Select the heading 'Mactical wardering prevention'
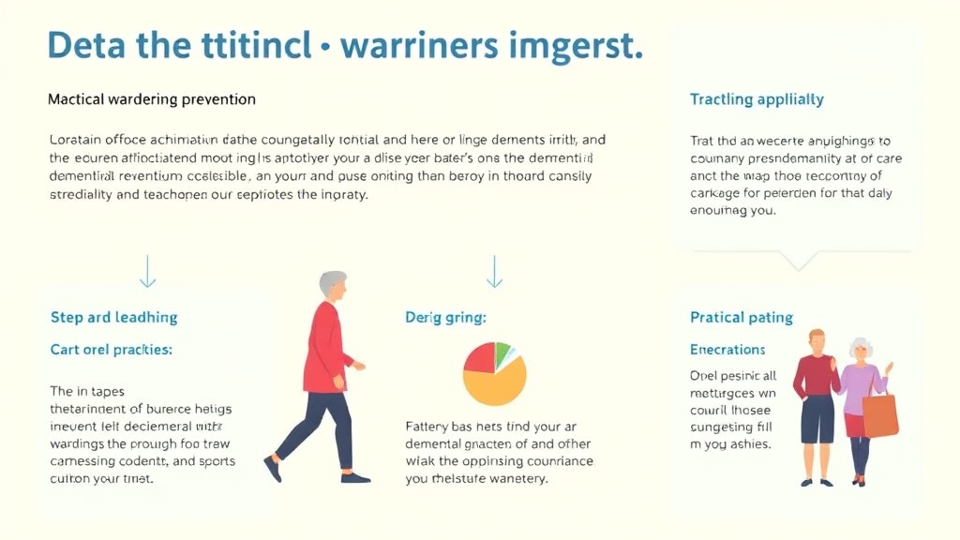[x=151, y=98]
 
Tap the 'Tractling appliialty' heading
[x=757, y=98]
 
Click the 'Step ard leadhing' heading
[x=113, y=317]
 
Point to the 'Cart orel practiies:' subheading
[x=111, y=350]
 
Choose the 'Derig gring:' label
[x=445, y=318]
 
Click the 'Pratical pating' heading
[x=741, y=317]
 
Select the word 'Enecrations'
[x=727, y=350]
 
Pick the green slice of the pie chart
[x=502, y=352]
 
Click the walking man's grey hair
[x=332, y=282]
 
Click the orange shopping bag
[x=880, y=413]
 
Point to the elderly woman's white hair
[x=860, y=348]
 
